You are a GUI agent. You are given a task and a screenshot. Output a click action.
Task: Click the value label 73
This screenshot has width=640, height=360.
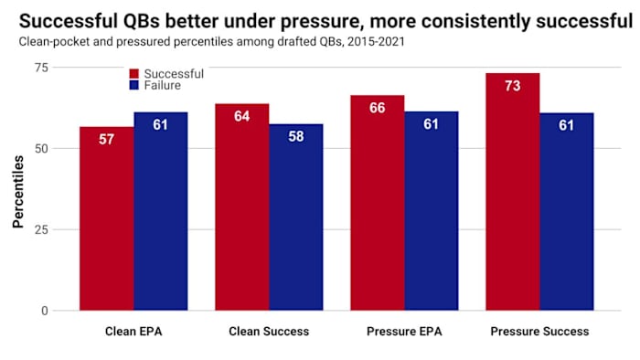point(512,86)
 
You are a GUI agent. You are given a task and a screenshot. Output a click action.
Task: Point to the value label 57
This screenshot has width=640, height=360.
point(106,140)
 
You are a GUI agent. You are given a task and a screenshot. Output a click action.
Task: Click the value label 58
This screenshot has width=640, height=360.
point(295,137)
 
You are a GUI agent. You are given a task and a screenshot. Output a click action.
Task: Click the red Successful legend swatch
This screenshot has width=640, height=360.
point(134,73)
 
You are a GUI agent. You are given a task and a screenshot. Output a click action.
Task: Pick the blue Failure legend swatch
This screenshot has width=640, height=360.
point(134,85)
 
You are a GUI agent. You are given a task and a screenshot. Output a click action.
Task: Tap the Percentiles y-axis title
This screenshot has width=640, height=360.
point(18,190)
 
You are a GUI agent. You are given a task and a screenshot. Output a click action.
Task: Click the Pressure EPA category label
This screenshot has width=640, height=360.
point(403,331)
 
